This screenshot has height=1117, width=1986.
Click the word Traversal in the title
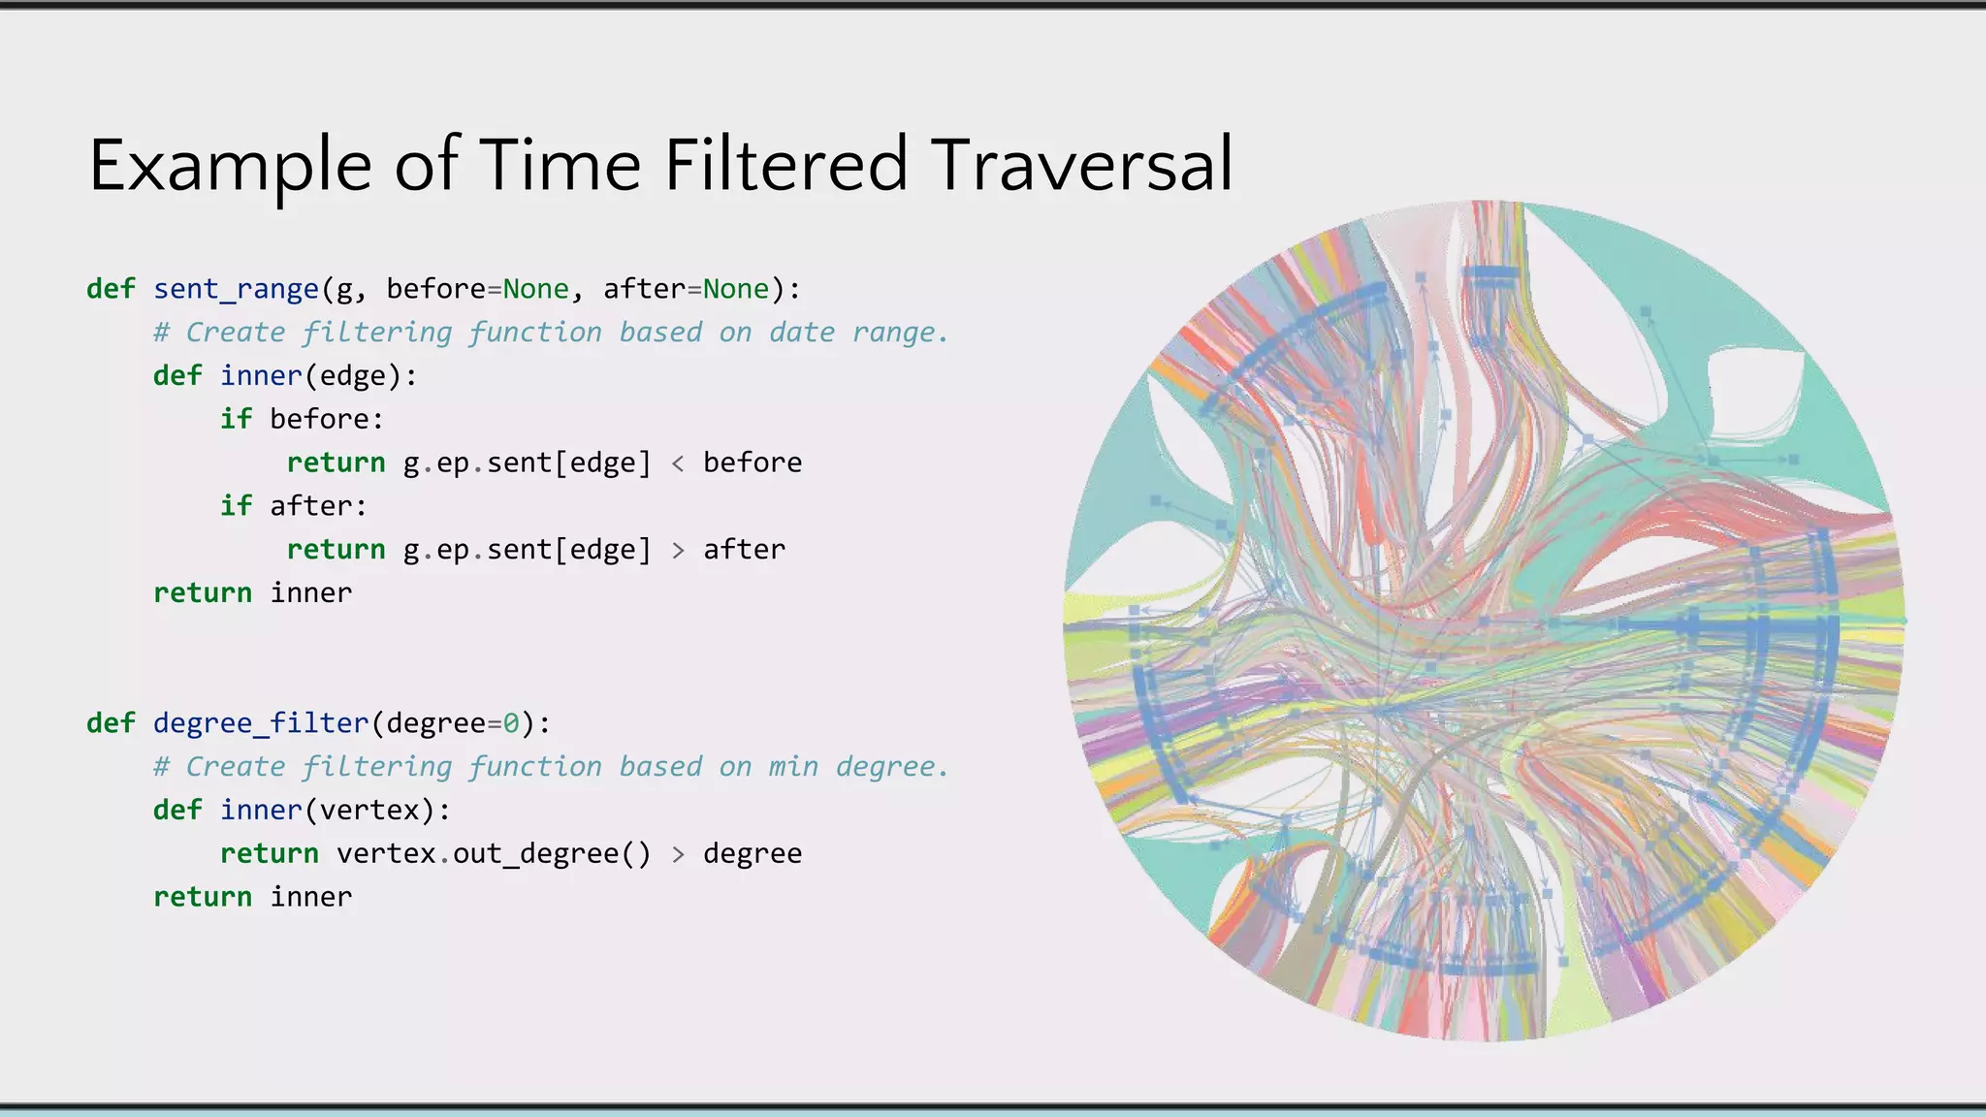[1081, 165]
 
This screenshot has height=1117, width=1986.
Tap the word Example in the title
[230, 167]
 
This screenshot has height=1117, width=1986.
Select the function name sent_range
[236, 289]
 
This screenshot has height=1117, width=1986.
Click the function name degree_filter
[261, 723]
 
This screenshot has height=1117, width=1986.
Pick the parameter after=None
[686, 289]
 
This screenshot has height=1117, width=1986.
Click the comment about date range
[551, 333]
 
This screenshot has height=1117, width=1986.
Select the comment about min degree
[551, 767]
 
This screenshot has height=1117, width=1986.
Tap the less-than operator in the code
[678, 463]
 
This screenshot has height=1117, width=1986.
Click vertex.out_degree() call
[494, 854]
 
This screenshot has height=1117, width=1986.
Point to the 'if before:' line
[302, 420]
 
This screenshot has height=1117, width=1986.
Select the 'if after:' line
[293, 506]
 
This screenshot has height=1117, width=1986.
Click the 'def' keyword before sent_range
[111, 289]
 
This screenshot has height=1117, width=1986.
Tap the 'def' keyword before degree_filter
[111, 723]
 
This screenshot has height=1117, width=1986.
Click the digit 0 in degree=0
[511, 723]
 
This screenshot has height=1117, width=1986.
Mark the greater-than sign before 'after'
[678, 551]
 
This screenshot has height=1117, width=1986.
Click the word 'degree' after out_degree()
[753, 854]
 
